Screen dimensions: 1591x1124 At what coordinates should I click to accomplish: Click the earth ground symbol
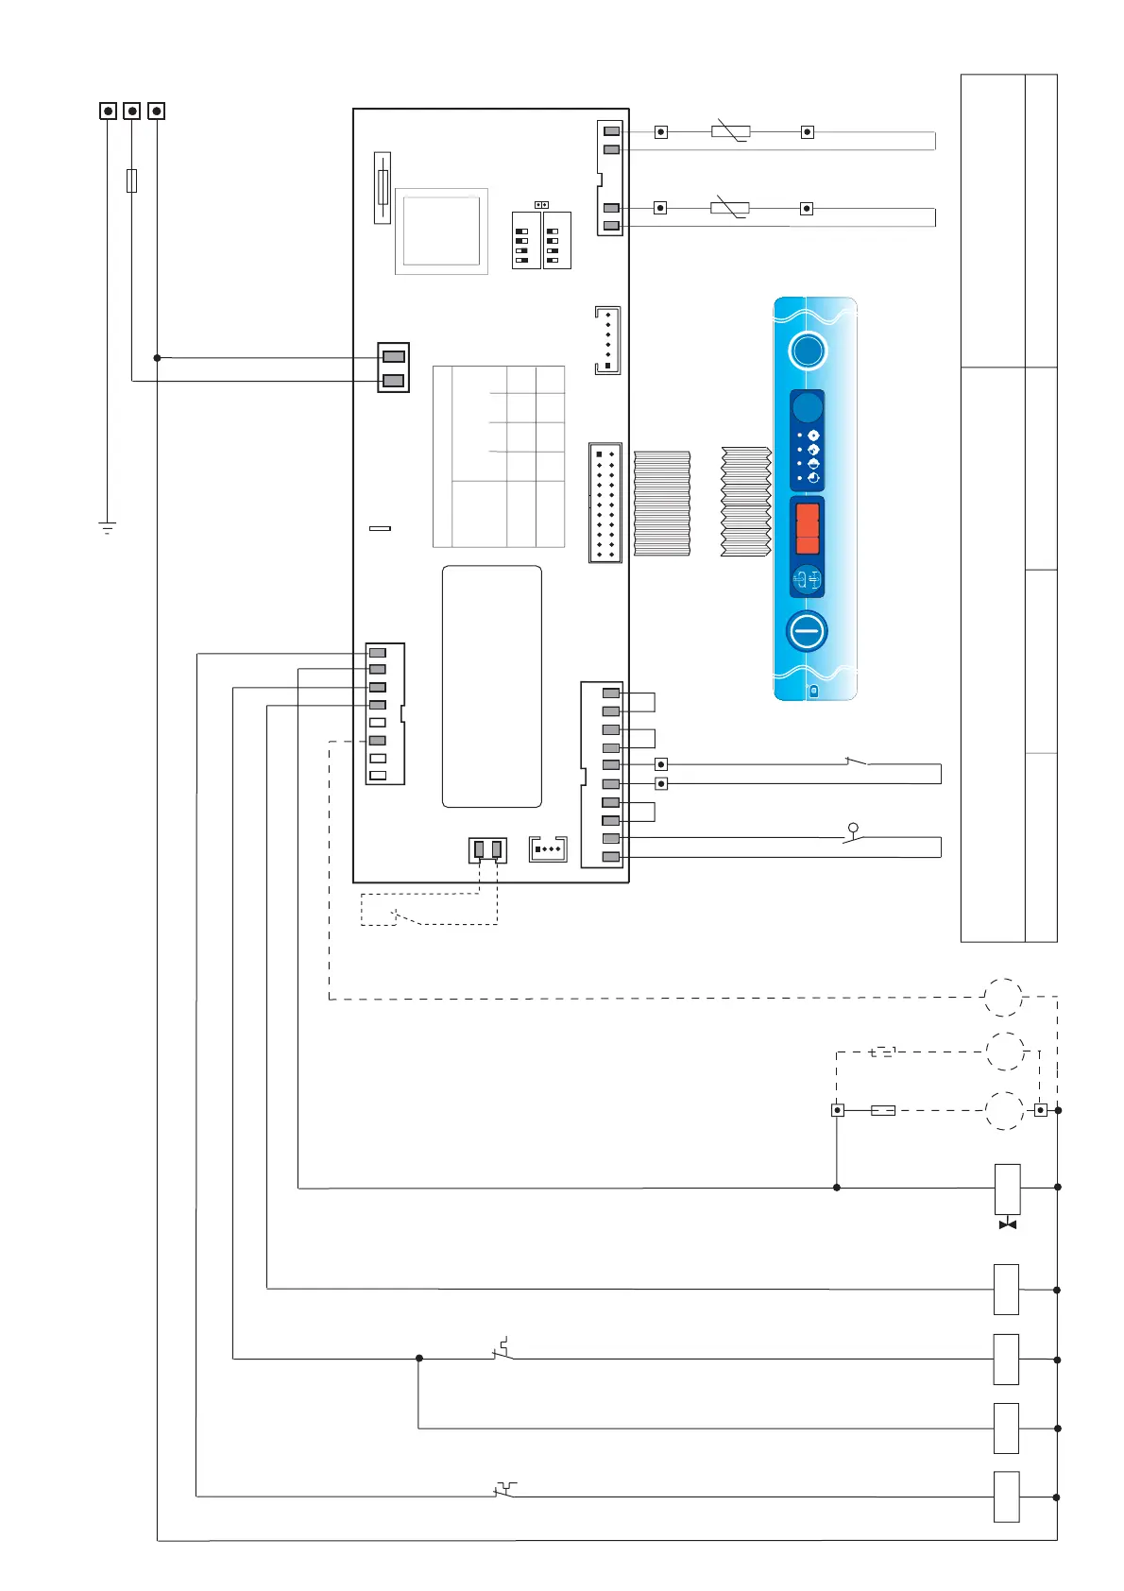pos(108,527)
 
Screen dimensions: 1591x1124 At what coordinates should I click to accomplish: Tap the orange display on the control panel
pos(808,528)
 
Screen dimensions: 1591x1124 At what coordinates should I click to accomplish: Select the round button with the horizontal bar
pos(808,631)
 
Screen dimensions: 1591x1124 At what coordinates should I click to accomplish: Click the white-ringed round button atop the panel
pos(808,351)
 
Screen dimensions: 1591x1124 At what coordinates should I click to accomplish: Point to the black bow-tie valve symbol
pos(1008,1224)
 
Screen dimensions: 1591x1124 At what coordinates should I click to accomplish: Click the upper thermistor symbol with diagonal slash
pos(730,131)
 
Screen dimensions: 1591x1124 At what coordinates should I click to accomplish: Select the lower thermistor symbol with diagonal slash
pos(730,208)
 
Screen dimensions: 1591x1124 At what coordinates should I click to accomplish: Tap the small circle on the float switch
pos(853,828)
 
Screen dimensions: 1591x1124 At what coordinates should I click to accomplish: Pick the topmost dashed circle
pos(1003,997)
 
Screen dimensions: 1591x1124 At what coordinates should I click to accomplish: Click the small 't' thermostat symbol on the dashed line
pos(881,1052)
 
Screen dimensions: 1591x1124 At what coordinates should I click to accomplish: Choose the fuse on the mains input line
pos(131,180)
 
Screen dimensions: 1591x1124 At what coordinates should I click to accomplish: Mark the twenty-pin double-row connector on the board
pos(605,503)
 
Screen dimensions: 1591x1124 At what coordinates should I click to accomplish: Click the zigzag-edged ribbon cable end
pos(746,502)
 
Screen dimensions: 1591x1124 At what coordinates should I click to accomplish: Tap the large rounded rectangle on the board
pos(492,687)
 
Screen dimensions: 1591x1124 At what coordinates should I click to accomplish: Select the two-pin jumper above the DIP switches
pos(541,204)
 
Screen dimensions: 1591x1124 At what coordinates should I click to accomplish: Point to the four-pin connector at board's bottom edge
pos(548,848)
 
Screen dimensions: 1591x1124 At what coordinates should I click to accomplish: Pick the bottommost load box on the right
pos(1007,1497)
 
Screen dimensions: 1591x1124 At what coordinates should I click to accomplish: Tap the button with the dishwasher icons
pos(808,578)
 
